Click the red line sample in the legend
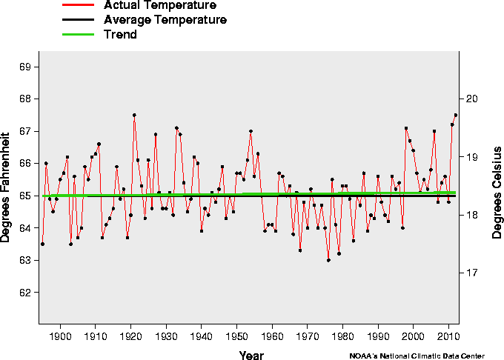point(77,6)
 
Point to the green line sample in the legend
point(77,34)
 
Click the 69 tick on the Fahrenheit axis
point(25,67)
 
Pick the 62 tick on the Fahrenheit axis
point(25,293)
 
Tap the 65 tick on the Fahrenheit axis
point(25,196)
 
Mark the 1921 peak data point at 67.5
point(134,115)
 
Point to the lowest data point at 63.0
point(328,260)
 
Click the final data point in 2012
point(456,115)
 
